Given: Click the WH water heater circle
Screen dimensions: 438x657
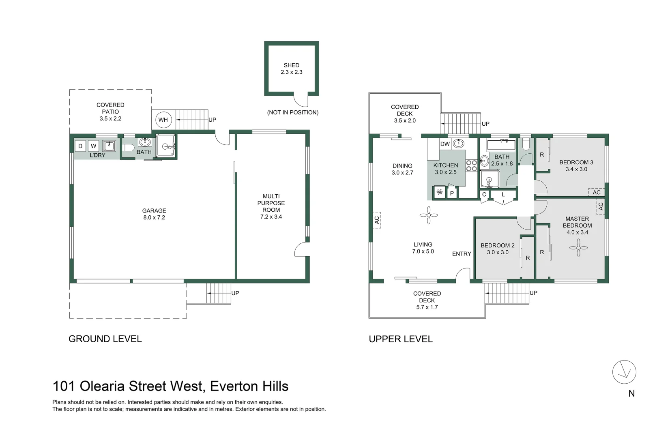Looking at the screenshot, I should click(x=163, y=120).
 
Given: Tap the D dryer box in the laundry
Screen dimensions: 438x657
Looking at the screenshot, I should click(x=80, y=146).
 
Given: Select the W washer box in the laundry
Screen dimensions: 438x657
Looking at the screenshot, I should click(x=94, y=146).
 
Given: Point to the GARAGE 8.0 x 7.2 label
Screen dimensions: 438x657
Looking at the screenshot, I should click(x=154, y=214).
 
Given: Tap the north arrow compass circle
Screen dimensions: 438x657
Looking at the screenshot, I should click(x=624, y=372).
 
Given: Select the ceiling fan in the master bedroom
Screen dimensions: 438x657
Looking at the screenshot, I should click(x=578, y=248).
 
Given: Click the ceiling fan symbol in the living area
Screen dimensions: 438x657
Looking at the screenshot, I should click(x=429, y=215).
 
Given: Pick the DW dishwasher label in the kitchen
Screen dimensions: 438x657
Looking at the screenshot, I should click(x=445, y=144).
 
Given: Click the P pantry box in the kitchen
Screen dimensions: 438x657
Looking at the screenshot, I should click(x=452, y=193).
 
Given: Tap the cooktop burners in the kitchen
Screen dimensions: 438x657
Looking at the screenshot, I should click(x=471, y=165).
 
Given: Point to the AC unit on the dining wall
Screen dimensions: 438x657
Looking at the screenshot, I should click(x=377, y=220).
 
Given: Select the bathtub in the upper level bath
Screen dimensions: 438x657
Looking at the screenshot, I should click(x=501, y=145).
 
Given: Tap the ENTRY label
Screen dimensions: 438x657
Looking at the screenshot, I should click(x=462, y=254).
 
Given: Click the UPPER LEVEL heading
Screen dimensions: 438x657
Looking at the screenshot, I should click(x=400, y=339).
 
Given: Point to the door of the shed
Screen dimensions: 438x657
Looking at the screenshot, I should click(x=302, y=99).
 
